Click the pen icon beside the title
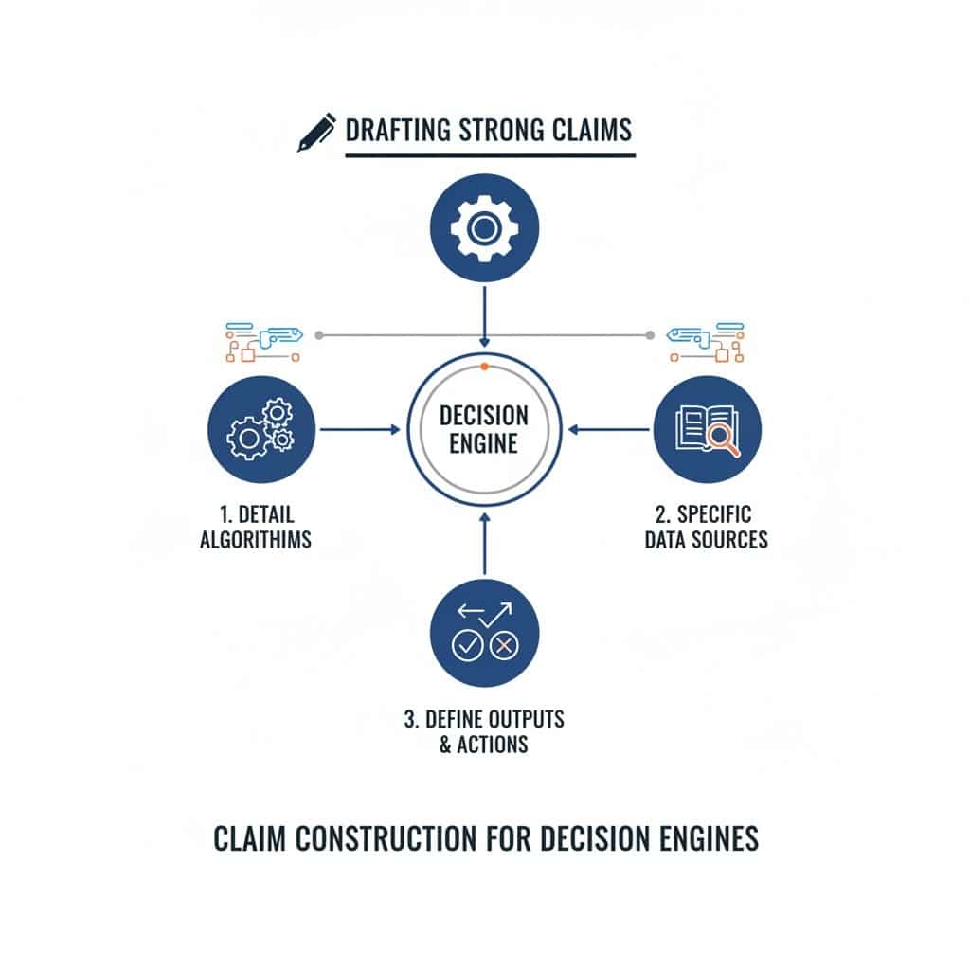point(316,133)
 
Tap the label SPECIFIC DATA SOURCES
point(706,528)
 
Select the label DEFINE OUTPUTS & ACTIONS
point(484,731)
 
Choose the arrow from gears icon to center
point(360,429)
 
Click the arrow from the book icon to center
point(611,429)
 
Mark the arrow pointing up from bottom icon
point(484,544)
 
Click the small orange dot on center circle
point(484,366)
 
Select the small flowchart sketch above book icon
point(706,342)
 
